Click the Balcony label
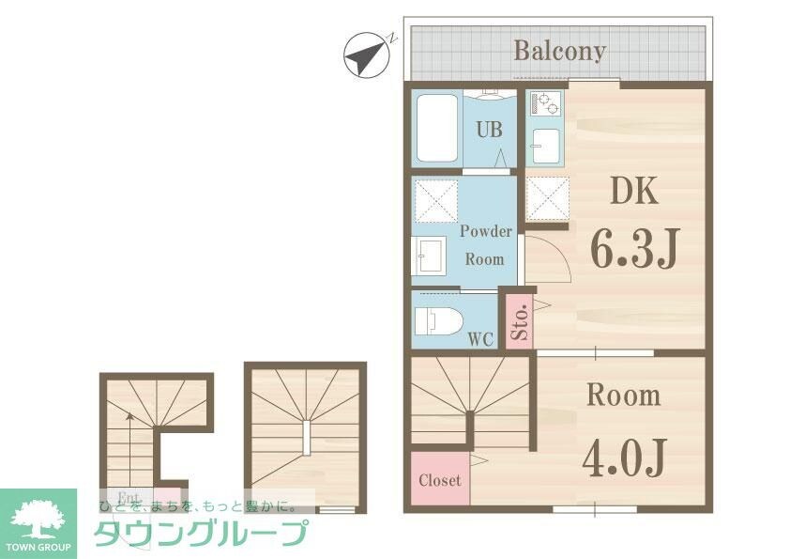click(x=558, y=50)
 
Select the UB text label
click(x=488, y=131)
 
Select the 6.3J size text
click(x=633, y=245)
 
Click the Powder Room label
click(x=485, y=244)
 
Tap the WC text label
click(x=480, y=339)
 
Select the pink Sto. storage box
click(x=520, y=322)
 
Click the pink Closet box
click(x=439, y=480)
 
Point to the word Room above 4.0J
click(x=623, y=396)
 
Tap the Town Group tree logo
click(x=38, y=519)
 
